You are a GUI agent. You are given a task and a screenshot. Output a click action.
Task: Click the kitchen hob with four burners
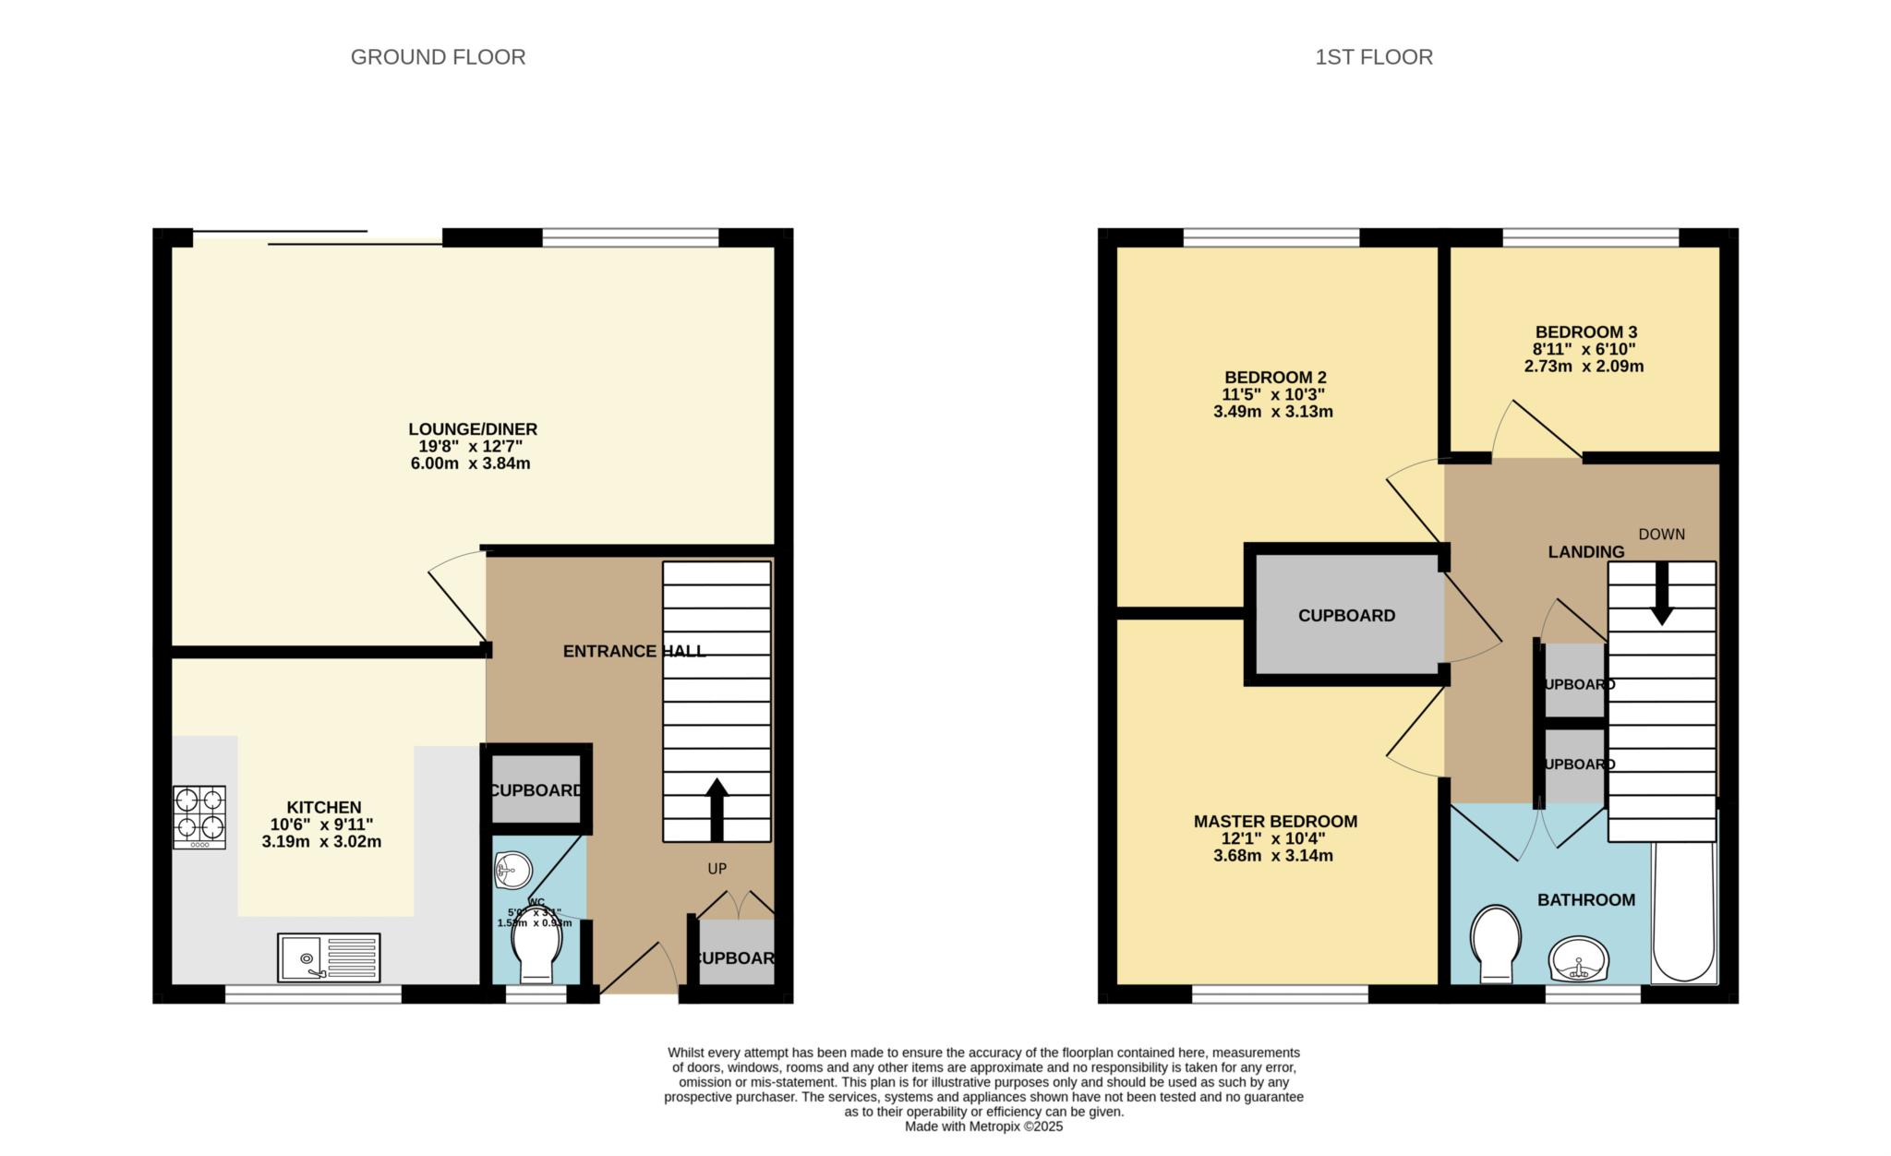199,816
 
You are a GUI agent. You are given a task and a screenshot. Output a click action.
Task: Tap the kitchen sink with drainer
329,957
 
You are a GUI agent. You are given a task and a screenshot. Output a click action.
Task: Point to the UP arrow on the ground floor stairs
717,807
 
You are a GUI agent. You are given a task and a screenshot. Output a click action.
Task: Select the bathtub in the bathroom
1684,914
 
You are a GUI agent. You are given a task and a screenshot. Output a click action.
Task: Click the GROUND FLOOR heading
438,57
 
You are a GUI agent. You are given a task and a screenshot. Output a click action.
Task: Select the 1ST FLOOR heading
1374,57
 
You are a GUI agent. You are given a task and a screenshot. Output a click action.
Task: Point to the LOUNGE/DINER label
473,429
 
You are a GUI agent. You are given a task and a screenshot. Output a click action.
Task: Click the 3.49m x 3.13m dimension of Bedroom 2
1272,412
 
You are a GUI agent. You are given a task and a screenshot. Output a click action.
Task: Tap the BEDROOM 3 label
1585,332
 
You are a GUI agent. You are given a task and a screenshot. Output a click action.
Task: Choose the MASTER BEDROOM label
1275,822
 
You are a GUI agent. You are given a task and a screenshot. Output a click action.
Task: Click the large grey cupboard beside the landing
1346,615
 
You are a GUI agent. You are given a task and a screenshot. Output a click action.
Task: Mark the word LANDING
1585,552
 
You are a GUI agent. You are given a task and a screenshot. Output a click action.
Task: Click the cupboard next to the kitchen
536,790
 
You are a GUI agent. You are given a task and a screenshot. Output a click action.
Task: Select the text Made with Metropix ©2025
983,1126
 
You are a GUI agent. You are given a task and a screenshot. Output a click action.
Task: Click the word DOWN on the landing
1661,535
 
